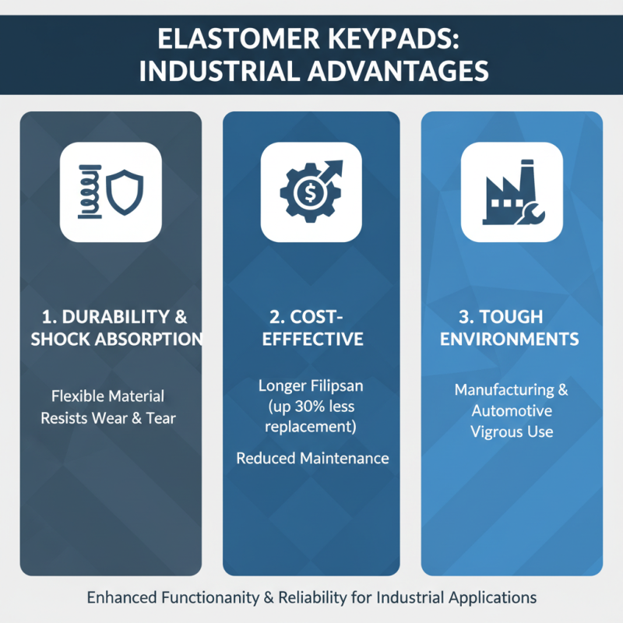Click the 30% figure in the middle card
[x=318, y=407]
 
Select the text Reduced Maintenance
[x=312, y=459]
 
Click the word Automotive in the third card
[x=512, y=410]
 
